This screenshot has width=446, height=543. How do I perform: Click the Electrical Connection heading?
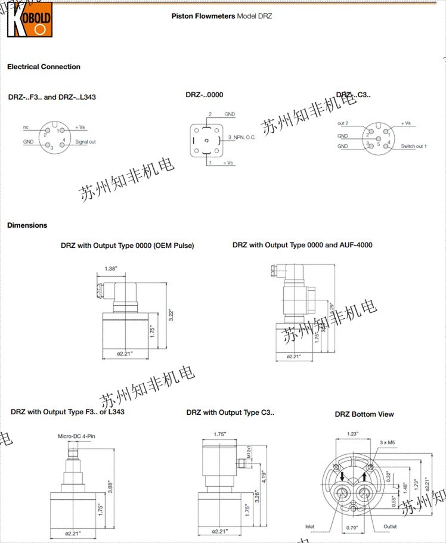pos(44,67)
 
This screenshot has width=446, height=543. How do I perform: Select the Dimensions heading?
pos(27,225)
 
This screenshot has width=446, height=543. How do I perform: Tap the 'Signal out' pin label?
pos(85,142)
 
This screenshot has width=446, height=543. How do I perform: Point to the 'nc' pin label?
pos(26,127)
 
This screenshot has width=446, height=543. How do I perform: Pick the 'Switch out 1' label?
pos(414,146)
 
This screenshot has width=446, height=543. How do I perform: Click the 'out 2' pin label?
pos(342,123)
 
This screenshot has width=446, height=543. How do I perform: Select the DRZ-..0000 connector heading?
pos(205,95)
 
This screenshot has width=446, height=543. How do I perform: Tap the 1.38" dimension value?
pos(111,269)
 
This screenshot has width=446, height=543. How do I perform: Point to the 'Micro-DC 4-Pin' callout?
pos(76,437)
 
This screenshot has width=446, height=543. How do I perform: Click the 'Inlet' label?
pos(309,526)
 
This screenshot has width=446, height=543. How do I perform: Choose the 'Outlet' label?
pos(390,526)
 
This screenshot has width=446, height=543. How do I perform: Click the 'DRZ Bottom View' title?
pos(364,414)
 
